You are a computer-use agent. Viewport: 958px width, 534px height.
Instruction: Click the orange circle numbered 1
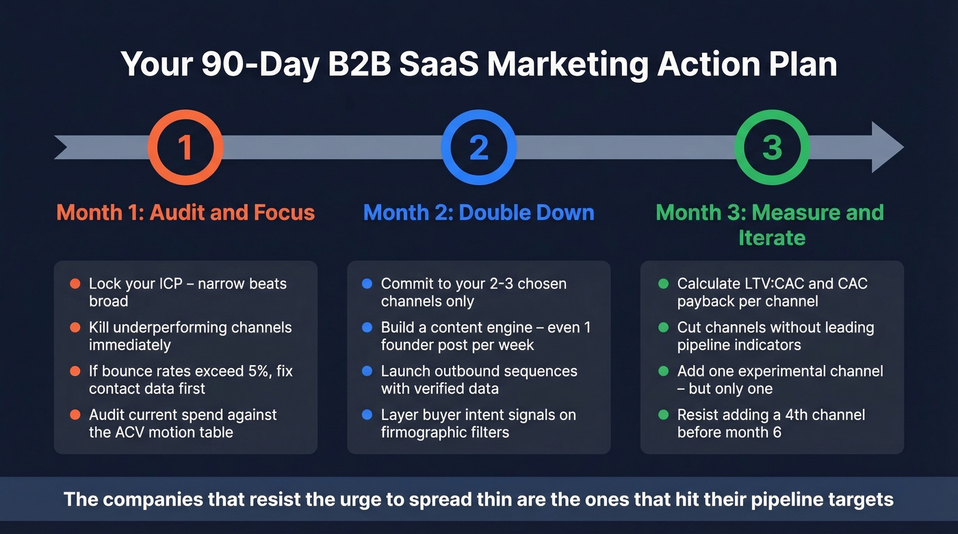(x=185, y=148)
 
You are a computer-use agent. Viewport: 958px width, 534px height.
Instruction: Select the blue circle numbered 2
(x=478, y=148)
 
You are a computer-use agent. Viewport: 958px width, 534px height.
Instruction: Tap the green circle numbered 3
(x=772, y=148)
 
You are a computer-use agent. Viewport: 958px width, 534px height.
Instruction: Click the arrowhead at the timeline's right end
(x=887, y=148)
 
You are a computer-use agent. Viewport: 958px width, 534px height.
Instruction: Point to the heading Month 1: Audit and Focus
(x=185, y=212)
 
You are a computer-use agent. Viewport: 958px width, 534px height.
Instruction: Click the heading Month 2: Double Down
(x=478, y=212)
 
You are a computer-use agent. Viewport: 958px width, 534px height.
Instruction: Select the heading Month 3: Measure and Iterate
(x=770, y=224)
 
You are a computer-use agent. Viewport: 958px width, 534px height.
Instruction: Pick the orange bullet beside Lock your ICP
(x=75, y=283)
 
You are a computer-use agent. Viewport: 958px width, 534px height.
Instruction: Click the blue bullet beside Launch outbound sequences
(x=367, y=371)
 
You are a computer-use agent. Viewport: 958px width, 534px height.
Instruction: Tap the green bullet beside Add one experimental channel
(x=663, y=371)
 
